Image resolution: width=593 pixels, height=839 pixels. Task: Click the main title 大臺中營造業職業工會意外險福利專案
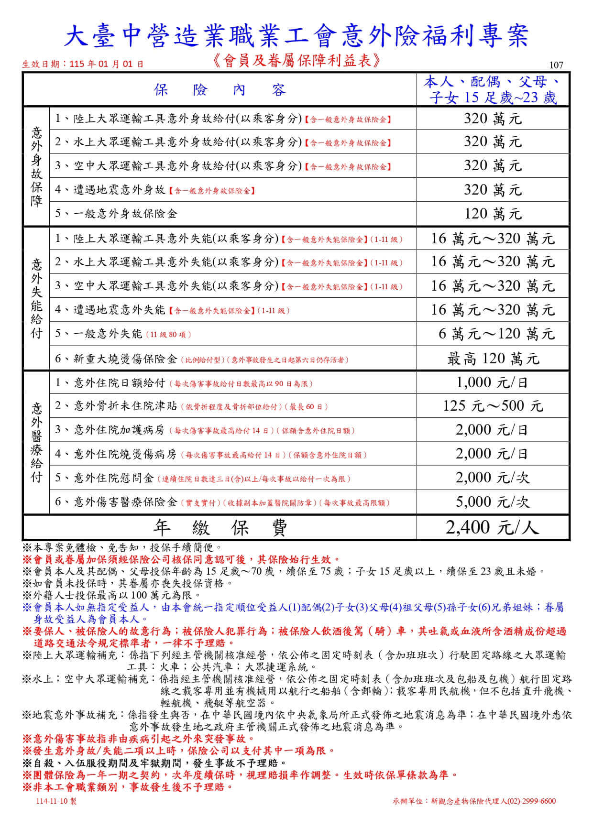pyautogui.click(x=296, y=36)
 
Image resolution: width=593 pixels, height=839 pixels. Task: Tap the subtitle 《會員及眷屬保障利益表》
pyautogui.click(x=296, y=60)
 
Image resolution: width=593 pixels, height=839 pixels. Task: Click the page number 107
pyautogui.click(x=557, y=65)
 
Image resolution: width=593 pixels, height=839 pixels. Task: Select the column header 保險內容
pyautogui.click(x=220, y=90)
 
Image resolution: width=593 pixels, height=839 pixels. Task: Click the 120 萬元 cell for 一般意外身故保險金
pyautogui.click(x=493, y=214)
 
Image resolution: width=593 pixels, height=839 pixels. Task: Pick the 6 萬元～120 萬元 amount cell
pyautogui.click(x=496, y=334)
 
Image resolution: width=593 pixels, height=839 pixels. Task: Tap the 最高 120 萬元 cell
pyautogui.click(x=493, y=358)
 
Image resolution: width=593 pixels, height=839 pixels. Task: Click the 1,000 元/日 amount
pyautogui.click(x=493, y=382)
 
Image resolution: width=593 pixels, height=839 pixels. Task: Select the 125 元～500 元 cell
pyautogui.click(x=493, y=406)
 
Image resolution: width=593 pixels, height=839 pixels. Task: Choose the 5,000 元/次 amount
pyautogui.click(x=493, y=501)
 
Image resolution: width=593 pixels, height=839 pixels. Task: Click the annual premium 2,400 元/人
pyautogui.click(x=493, y=527)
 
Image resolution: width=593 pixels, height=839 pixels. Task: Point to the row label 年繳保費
pyautogui.click(x=220, y=528)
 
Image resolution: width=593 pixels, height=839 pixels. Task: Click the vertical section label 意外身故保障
pyautogui.click(x=36, y=166)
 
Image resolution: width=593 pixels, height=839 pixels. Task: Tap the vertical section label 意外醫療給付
pyautogui.click(x=36, y=442)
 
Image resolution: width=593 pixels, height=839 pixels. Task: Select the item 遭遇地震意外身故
pyautogui.click(x=119, y=190)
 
